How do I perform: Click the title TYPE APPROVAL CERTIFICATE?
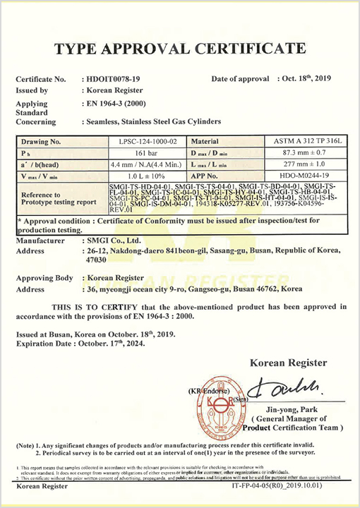[x=180, y=48]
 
